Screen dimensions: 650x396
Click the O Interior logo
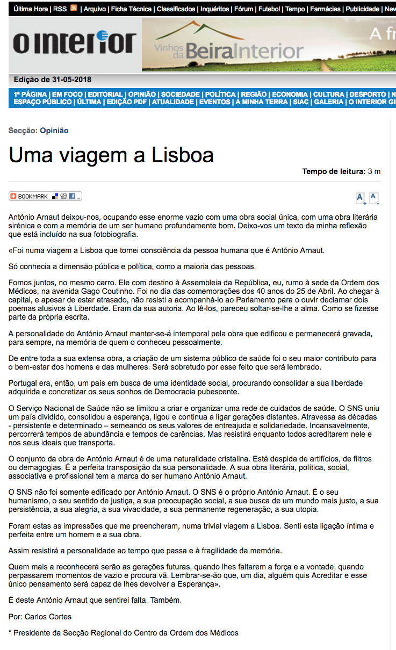click(74, 44)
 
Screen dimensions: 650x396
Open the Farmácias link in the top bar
click(325, 9)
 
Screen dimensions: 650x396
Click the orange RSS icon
click(74, 9)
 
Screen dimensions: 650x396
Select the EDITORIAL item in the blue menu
click(106, 95)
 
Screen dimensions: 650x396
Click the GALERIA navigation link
click(328, 102)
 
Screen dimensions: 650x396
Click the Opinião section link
click(54, 131)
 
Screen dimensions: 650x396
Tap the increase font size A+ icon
click(361, 198)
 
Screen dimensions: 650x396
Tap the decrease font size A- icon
click(374, 198)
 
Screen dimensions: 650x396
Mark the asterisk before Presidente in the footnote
click(10, 632)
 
